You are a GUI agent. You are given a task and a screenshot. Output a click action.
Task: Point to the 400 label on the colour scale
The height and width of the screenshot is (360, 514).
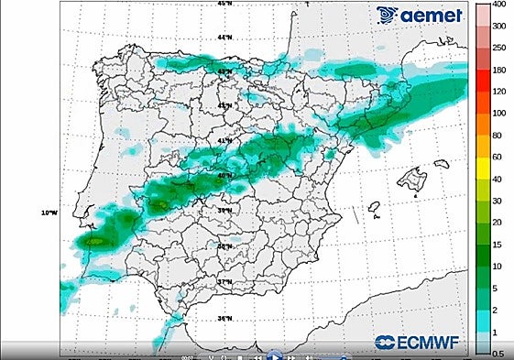point(500,5)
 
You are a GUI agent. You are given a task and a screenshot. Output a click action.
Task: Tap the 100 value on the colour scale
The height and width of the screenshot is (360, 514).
point(499,114)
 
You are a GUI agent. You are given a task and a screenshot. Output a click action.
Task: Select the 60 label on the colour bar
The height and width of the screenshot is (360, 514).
point(498,158)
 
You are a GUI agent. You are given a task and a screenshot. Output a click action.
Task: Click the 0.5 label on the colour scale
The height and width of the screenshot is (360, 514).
point(498,354)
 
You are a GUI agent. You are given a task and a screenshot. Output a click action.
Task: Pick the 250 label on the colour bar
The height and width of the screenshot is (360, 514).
point(499,48)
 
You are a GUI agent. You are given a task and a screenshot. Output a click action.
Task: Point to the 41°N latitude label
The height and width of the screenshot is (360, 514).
point(224,140)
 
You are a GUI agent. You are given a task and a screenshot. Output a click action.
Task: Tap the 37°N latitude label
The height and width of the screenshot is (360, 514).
point(224,283)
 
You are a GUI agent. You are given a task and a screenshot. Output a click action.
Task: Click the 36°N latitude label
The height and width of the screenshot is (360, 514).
point(224,319)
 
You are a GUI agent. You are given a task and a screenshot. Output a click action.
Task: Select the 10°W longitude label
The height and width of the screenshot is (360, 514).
point(49,213)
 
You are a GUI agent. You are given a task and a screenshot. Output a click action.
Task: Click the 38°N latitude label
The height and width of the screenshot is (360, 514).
point(224,246)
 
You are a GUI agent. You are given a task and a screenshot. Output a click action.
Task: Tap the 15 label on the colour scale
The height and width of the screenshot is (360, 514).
point(498,245)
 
